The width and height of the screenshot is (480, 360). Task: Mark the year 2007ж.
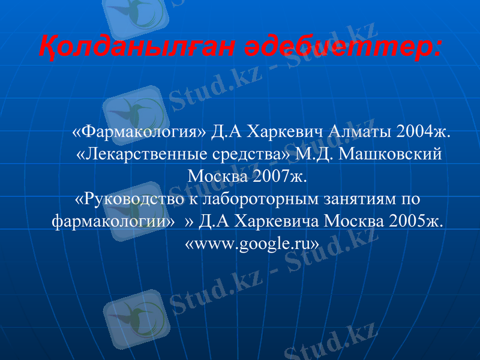tap(279, 176)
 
